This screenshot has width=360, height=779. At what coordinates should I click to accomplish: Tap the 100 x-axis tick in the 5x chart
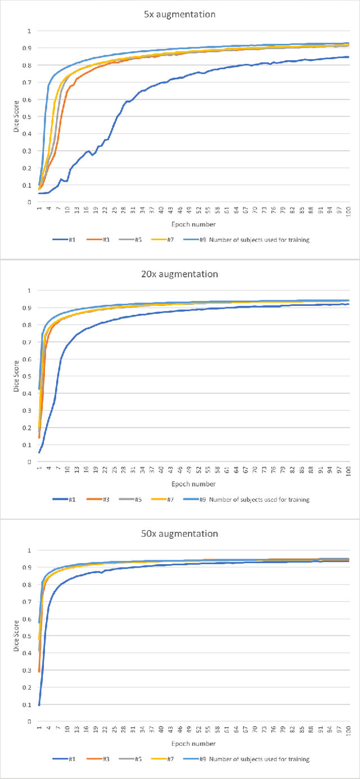(349, 210)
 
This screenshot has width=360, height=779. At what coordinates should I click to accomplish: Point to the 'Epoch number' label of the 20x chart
(193, 483)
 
